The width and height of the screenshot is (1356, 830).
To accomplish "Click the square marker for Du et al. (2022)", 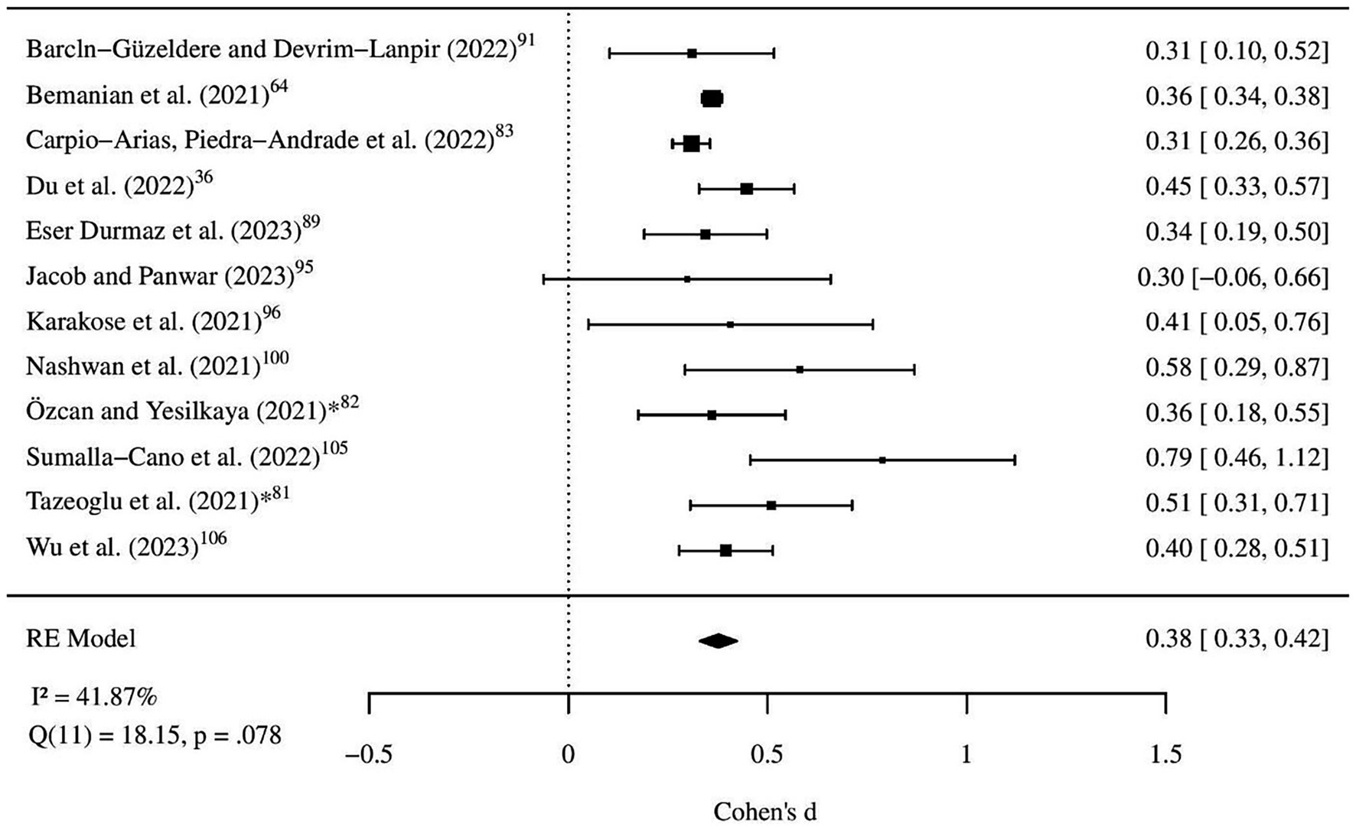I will (x=747, y=189).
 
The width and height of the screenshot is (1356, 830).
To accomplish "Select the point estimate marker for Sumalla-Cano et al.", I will (x=882, y=461).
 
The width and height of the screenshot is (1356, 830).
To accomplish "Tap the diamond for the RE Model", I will (x=718, y=641).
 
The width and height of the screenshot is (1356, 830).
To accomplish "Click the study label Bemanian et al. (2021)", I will (x=148, y=96).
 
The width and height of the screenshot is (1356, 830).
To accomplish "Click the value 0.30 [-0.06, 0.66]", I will (x=1233, y=277).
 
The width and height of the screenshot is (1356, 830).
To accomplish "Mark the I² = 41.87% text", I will (x=92, y=697).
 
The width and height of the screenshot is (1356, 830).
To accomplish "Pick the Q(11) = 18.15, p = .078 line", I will (x=154, y=736).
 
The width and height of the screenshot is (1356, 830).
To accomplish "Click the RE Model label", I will (x=80, y=638).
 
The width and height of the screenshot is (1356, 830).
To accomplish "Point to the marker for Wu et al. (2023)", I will (x=726, y=550).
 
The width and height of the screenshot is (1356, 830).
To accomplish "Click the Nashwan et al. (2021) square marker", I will (x=800, y=369).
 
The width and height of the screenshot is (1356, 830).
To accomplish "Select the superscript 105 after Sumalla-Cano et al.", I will (x=334, y=448).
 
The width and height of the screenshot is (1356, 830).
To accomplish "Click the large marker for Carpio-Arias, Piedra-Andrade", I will (x=691, y=144).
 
